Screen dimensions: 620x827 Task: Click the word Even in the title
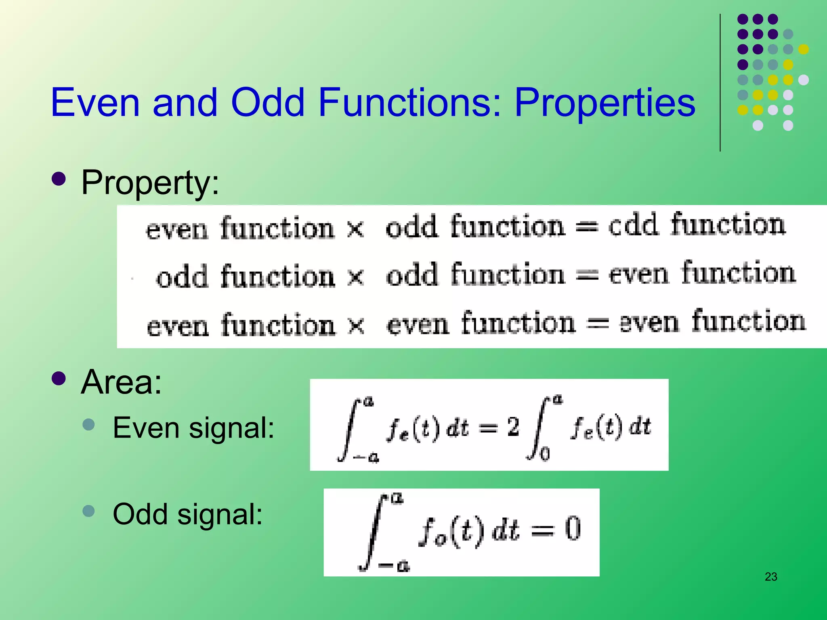tap(95, 103)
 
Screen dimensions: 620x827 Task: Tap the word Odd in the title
tap(267, 103)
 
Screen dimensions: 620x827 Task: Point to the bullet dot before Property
tap(59, 179)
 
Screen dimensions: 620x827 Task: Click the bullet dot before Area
tap(59, 378)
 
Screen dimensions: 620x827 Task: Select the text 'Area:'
tap(121, 382)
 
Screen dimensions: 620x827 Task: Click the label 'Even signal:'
tap(193, 428)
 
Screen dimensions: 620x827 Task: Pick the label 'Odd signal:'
tap(187, 514)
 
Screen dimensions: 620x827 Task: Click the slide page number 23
tap(770, 577)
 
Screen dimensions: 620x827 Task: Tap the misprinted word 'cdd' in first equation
tap(633, 225)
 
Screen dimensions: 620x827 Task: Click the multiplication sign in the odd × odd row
tap(356, 277)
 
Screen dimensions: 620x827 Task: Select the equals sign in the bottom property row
tap(597, 323)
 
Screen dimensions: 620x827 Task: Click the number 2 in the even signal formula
tap(513, 427)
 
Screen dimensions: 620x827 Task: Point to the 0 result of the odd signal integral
tap(573, 529)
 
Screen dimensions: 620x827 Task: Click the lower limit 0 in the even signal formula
tap(545, 455)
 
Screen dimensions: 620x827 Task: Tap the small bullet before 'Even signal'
tap(88, 424)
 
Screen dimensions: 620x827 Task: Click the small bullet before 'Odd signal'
tap(88, 511)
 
